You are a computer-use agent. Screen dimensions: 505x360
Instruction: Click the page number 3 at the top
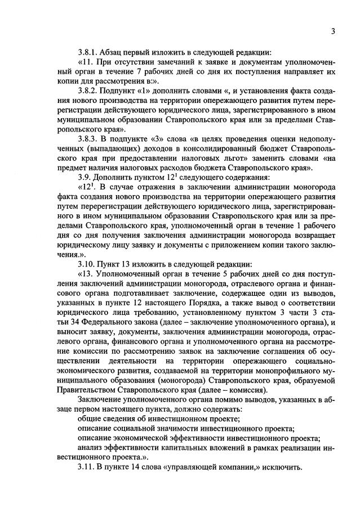[x=334, y=31]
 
